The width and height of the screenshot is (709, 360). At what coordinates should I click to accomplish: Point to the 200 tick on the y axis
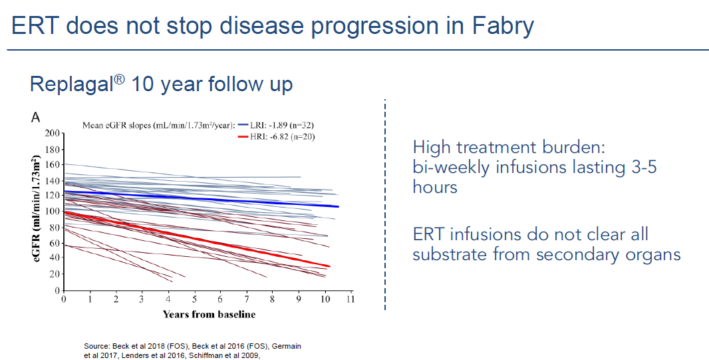coord(51,133)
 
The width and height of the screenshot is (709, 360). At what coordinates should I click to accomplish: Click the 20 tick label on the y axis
coord(53,275)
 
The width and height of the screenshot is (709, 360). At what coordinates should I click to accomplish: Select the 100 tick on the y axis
coord(51,212)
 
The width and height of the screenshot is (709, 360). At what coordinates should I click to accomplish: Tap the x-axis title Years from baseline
coord(209,314)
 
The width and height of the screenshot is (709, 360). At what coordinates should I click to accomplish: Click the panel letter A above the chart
coord(36,117)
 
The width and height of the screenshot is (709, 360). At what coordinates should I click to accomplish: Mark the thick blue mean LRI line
coord(200,198)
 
